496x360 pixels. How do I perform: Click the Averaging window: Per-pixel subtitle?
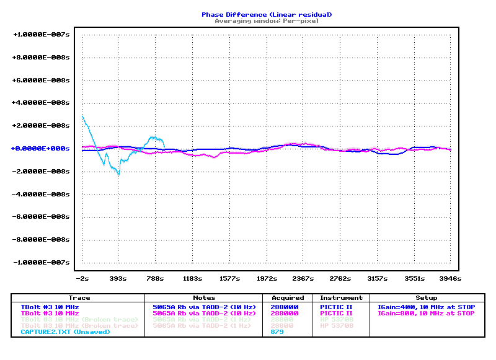(x=267, y=20)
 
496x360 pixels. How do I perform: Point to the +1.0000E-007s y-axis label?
(x=42, y=35)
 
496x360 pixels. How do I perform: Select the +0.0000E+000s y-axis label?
(x=42, y=149)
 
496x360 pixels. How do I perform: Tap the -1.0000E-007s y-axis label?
(x=42, y=263)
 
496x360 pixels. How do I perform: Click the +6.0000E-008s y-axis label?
(x=42, y=81)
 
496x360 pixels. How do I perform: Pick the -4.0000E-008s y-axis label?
(x=42, y=195)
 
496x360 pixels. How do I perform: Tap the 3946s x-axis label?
(x=451, y=278)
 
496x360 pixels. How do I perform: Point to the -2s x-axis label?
(x=82, y=278)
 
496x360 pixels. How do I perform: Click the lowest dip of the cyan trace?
(x=119, y=175)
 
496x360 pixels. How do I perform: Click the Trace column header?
(x=79, y=298)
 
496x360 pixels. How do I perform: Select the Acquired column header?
(x=288, y=298)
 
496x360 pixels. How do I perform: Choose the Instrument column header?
(x=341, y=298)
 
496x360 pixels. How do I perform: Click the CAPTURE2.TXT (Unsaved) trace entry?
(x=65, y=332)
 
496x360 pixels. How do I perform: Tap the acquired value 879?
(x=277, y=332)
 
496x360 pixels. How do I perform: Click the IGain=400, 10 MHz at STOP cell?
(x=426, y=307)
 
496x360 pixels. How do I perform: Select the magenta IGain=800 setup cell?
(x=426, y=314)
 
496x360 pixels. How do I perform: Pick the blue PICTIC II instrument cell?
(x=336, y=307)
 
